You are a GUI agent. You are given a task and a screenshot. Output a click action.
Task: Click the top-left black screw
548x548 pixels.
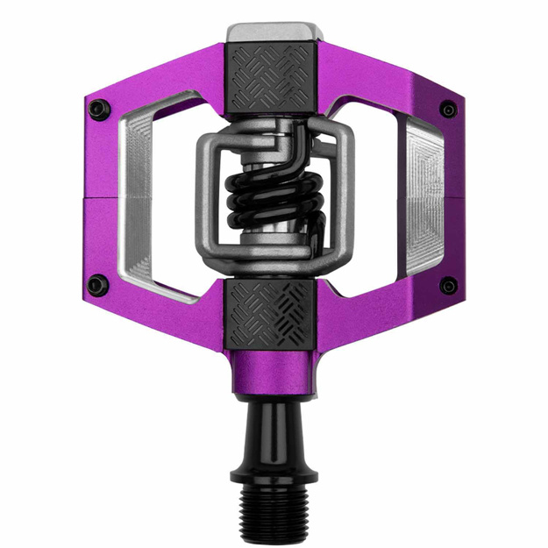(99, 109)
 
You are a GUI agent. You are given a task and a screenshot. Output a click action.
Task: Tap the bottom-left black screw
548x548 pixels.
(98, 285)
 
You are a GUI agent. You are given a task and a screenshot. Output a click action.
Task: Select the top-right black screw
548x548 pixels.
(449, 110)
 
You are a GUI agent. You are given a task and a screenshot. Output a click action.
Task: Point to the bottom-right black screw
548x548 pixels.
(449, 286)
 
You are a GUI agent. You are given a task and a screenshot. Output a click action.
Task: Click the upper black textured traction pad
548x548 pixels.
(274, 78)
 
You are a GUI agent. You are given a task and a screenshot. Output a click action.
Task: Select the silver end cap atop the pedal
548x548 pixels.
(273, 32)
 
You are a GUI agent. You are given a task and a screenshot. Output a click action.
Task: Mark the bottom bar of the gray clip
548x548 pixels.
(274, 263)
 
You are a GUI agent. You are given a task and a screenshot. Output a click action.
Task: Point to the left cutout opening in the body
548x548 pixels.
(171, 197)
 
